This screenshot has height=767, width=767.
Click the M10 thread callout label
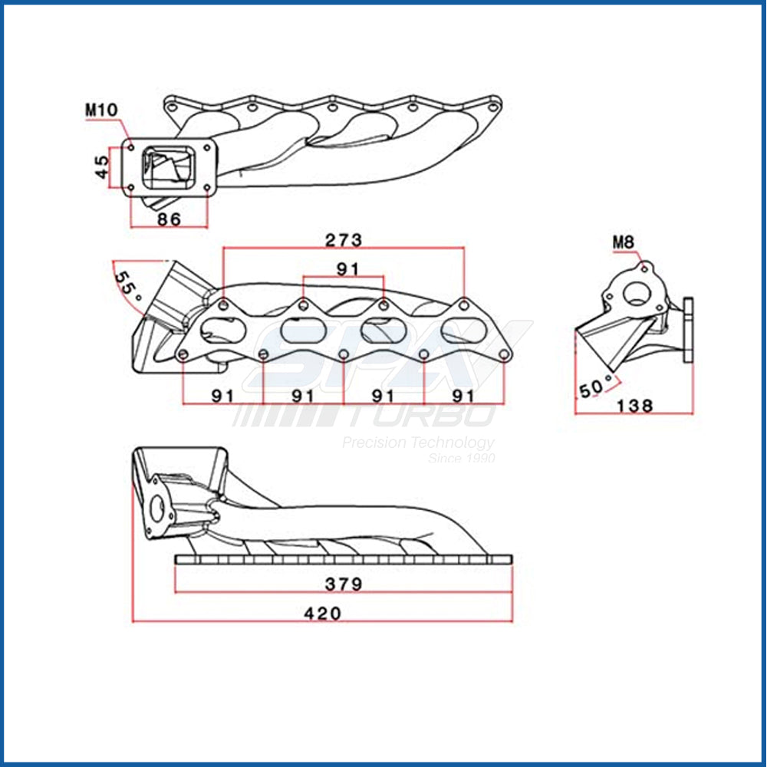click(x=102, y=110)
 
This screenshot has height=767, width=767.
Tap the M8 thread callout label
click(x=623, y=242)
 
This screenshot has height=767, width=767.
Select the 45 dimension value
click(x=101, y=166)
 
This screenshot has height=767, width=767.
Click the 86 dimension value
click(x=169, y=219)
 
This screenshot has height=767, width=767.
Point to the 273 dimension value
click(x=344, y=240)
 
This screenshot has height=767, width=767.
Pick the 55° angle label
click(x=127, y=285)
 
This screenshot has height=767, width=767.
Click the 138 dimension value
click(x=634, y=406)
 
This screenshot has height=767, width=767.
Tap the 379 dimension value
click(x=344, y=584)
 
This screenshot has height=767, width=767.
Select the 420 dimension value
click(x=322, y=613)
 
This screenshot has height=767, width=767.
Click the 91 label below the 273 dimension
click(x=347, y=268)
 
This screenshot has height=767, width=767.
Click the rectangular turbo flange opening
click(x=168, y=168)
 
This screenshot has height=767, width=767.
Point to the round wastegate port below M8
click(x=636, y=293)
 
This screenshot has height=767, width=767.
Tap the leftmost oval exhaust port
click(x=222, y=330)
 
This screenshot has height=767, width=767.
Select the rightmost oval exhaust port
click(x=463, y=330)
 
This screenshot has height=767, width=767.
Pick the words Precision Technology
click(x=418, y=443)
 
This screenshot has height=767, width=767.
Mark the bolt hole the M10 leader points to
click(x=131, y=146)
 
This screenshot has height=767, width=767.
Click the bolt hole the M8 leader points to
click(x=645, y=268)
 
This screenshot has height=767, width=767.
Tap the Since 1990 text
click(x=461, y=459)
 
